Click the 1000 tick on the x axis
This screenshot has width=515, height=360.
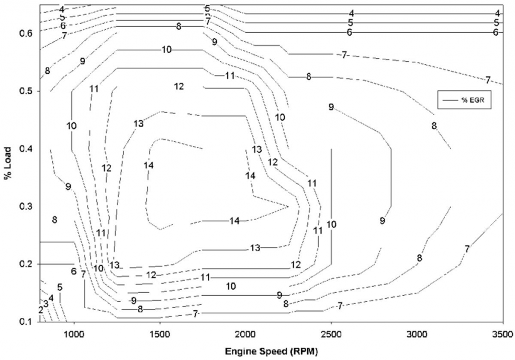tap(74, 334)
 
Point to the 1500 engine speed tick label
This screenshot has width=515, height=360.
tap(160, 334)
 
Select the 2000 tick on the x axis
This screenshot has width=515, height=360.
tap(245, 334)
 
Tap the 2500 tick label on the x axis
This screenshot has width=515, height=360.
tap(331, 334)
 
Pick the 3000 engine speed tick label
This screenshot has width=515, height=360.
tap(417, 334)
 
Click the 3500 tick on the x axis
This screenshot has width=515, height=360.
tap(503, 334)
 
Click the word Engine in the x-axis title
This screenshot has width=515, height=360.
tap(238, 352)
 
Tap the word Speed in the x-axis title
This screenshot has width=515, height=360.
tap(266, 352)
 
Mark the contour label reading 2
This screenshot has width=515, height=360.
tap(41, 310)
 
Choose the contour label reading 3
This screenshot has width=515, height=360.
tap(46, 304)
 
